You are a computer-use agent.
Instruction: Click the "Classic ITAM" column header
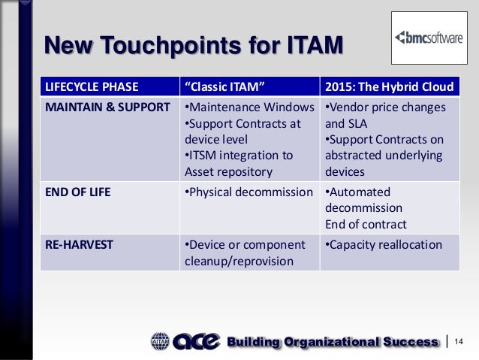tap(224, 86)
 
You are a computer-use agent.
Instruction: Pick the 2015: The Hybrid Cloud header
tap(388, 86)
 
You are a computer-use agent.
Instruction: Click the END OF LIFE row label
tap(78, 192)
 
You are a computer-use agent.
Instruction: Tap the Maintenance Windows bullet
tap(249, 107)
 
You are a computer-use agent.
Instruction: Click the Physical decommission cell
tap(249, 192)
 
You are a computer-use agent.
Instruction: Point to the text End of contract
tap(366, 223)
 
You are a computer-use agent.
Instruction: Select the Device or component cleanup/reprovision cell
tap(244, 253)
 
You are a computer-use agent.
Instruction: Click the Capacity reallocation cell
tap(382, 245)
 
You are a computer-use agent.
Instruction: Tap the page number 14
tap(459, 343)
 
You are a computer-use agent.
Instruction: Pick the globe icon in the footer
tap(161, 342)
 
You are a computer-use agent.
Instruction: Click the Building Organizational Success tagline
tap(333, 343)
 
